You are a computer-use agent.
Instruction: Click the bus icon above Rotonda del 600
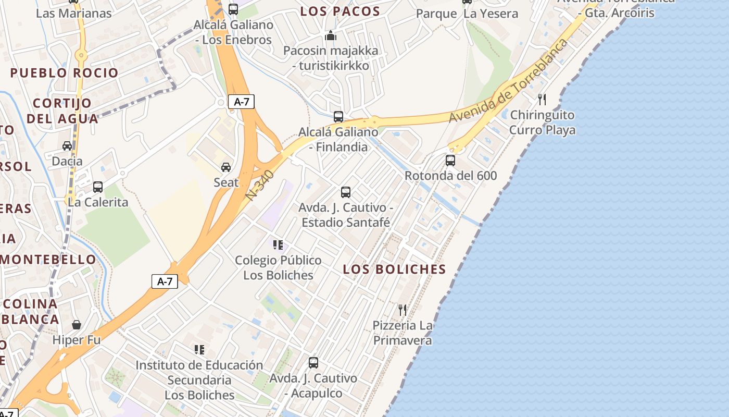coord(450,161)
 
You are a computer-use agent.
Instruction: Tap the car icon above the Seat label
coord(226,167)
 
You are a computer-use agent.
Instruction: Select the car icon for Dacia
coord(67,146)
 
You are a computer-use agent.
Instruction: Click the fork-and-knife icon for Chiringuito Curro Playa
coord(542,99)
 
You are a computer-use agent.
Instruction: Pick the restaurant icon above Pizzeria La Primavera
coord(403,310)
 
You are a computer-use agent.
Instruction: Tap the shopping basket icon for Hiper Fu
coord(77,325)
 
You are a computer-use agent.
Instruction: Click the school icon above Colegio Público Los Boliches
coord(278,244)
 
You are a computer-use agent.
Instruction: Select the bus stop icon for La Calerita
coord(98,187)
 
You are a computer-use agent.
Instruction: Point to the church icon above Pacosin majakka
coord(331,36)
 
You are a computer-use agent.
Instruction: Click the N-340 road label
coord(260,185)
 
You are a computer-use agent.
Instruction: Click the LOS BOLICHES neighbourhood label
coord(395,269)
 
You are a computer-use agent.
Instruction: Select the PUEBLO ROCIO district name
coord(65,73)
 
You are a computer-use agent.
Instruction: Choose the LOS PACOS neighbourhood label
coord(340,11)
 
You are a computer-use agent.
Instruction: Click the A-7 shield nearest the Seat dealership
coord(242,102)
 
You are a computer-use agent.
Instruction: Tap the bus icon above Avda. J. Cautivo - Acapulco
coord(313,362)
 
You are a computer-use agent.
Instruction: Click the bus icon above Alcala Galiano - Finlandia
coord(338,117)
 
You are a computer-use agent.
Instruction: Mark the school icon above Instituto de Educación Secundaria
coord(199,349)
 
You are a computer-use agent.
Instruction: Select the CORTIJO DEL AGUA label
coord(62,111)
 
